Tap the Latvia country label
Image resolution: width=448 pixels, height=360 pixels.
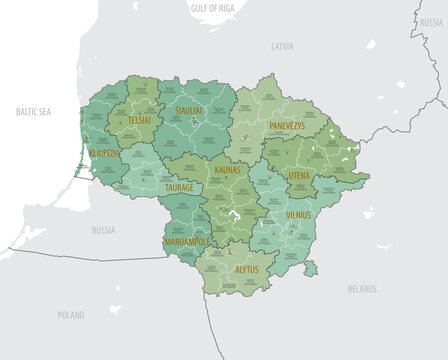pos(282,46)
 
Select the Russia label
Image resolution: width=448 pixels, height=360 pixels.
pos(103,229)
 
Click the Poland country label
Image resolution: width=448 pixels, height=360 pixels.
pos(70,315)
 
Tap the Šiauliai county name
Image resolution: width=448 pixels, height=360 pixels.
pos(190,110)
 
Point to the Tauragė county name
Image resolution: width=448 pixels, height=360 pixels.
pos(178,187)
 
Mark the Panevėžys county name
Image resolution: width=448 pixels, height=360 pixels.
pos(294,125)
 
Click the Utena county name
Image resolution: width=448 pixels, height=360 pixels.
pos(300,175)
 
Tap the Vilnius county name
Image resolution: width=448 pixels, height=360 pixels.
pos(299,214)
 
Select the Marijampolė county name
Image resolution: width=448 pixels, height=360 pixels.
pos(186,241)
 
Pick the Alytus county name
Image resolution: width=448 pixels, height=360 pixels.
pos(246,269)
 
